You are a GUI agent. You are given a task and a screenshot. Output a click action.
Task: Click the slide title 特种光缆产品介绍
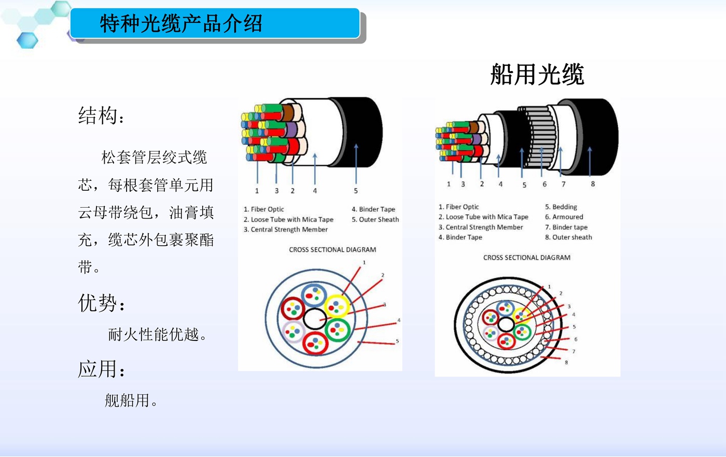(181, 24)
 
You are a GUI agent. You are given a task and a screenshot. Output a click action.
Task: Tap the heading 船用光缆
(537, 75)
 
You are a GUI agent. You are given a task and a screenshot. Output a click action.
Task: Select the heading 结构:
(101, 116)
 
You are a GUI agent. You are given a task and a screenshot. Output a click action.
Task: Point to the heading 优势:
(101, 303)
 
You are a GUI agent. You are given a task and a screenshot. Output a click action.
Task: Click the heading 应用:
(101, 369)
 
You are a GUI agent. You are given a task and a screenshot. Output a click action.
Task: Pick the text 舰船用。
(131, 401)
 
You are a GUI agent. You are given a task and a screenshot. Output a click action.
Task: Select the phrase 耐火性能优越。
(158, 334)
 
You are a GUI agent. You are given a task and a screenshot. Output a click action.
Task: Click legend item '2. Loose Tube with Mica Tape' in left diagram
(288, 220)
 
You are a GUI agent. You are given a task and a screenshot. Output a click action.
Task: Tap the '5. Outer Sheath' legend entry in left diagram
(375, 220)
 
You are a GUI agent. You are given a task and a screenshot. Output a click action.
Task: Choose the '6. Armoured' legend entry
(564, 217)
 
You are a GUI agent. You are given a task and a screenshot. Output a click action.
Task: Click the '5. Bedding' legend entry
(561, 207)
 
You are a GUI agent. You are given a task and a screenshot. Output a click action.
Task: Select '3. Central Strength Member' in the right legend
(481, 227)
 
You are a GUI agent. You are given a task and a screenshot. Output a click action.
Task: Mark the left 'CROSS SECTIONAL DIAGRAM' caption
(332, 250)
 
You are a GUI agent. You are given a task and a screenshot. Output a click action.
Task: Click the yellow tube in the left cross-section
(337, 306)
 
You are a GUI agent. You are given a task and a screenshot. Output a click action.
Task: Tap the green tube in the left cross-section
(338, 330)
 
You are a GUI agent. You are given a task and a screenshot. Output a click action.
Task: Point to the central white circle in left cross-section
(315, 319)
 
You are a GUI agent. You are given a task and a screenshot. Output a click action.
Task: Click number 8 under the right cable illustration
(593, 184)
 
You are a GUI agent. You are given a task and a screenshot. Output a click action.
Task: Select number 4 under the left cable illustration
(315, 191)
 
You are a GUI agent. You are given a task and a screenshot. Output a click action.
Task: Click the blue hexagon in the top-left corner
(27, 40)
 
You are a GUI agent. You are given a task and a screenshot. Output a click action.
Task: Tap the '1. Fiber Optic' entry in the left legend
(264, 209)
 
